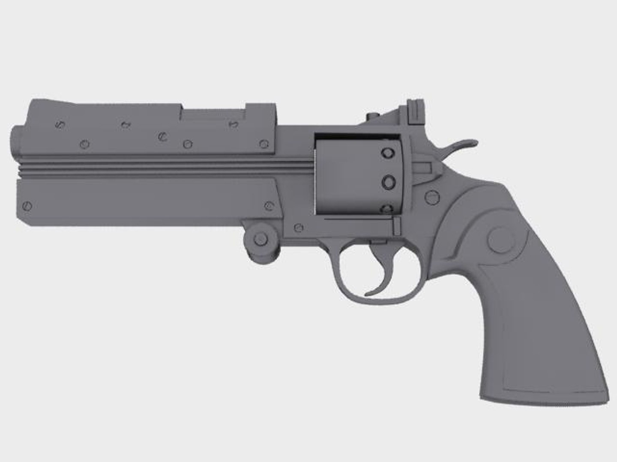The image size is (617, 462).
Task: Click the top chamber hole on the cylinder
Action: [389, 153]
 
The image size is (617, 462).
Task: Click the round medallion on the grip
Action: [500, 240]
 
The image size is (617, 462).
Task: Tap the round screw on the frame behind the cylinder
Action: [432, 197]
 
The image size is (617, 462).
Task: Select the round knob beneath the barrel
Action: [259, 240]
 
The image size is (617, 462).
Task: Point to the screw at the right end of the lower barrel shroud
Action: [269, 206]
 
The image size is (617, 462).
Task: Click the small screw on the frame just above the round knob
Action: [300, 228]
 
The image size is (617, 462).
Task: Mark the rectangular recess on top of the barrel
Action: [212, 114]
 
